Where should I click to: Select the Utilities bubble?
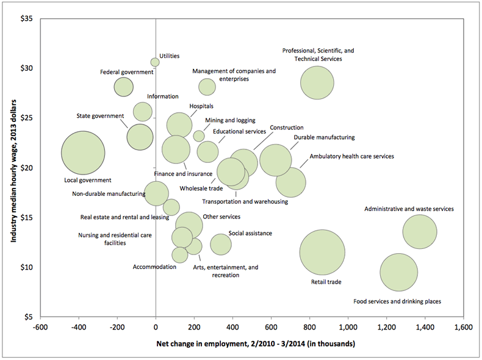click(x=155, y=62)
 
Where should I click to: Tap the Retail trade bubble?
click(x=322, y=252)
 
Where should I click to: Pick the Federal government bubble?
click(x=123, y=87)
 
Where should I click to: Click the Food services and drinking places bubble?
click(x=399, y=273)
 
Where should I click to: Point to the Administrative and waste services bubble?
click(x=419, y=232)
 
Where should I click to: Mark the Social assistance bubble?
click(x=221, y=244)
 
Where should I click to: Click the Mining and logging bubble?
click(x=199, y=135)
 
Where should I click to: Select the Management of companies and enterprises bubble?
click(x=207, y=87)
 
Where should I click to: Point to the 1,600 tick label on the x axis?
click(x=464, y=327)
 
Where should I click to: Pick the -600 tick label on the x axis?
click(x=40, y=327)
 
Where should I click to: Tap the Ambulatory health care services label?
click(x=351, y=156)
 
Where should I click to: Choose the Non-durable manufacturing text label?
click(x=109, y=195)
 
